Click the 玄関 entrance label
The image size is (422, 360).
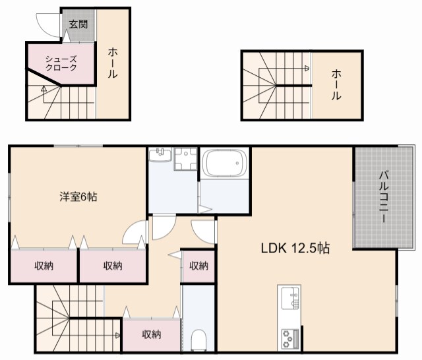[x=78, y=25]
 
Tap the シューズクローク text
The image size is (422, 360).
[x=61, y=63]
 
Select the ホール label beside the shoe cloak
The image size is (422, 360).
[x=113, y=63]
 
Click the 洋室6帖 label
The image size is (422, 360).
[x=78, y=196]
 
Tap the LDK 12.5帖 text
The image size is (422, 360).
[x=295, y=249]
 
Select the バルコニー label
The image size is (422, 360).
[x=383, y=197]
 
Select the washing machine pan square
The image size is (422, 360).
[x=186, y=159]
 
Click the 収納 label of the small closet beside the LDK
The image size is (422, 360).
[x=198, y=266]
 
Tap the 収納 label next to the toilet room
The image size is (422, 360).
[x=152, y=334]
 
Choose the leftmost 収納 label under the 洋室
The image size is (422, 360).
[x=44, y=266]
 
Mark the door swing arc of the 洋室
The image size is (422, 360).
[x=135, y=233]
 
